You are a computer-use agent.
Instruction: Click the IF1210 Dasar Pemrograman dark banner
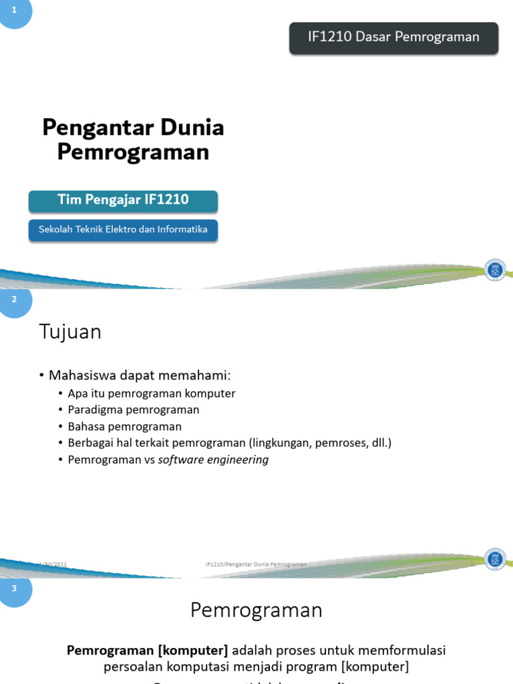pos(393,37)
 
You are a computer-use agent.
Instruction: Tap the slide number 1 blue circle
pos(14,11)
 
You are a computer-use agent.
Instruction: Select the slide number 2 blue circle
pos(14,300)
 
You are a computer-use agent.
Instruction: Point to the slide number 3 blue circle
pos(14,588)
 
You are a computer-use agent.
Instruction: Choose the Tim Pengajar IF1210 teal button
pos(123,200)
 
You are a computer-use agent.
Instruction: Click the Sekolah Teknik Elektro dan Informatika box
pos(123,230)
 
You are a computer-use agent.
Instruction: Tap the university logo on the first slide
pos(495,270)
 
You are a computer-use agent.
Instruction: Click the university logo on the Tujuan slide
pos(495,558)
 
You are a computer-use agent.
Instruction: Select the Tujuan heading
pos(70,332)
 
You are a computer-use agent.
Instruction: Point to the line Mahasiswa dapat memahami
pos(138,376)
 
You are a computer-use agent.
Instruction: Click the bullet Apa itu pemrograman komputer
pos(152,393)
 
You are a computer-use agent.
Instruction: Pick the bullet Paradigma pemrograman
pos(134,409)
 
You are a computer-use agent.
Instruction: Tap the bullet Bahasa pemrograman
pos(124,426)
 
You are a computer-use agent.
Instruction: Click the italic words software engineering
pos(213,460)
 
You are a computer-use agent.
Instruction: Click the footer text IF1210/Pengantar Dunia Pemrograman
pos(256,564)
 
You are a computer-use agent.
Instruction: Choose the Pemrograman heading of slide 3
pos(256,610)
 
